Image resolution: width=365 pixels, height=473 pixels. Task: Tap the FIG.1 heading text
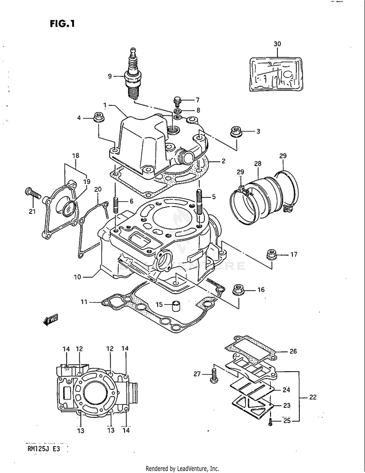[62, 23]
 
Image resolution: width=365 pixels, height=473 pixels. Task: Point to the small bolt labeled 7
[177, 101]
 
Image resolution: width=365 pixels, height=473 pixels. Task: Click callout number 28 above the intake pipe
[257, 164]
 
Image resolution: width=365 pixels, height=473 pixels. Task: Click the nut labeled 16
[239, 289]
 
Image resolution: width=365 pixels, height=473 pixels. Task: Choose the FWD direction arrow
[50, 320]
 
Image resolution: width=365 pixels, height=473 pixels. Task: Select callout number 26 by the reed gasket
[293, 351]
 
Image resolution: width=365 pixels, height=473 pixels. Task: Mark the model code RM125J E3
[44, 449]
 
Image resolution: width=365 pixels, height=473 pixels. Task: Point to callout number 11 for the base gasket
[84, 303]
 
